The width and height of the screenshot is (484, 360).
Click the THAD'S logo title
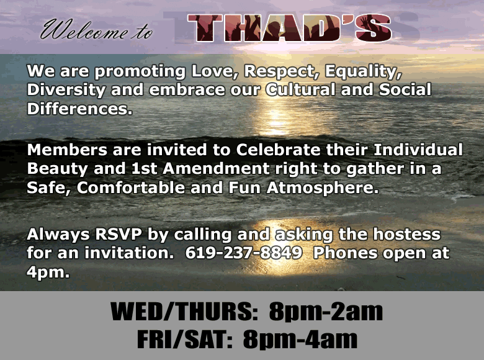(290, 28)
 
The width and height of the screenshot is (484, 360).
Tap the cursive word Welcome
(84, 30)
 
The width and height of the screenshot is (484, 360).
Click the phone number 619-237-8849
(243, 253)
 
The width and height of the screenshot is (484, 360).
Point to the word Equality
(363, 72)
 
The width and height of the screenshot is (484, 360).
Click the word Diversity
(66, 91)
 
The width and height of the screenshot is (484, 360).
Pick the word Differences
(79, 109)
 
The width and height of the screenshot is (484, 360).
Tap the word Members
(67, 150)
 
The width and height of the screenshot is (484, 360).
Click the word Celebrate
(279, 150)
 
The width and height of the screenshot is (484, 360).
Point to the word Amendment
(216, 169)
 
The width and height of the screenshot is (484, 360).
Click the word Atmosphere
(323, 188)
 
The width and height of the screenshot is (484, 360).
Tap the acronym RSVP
(119, 235)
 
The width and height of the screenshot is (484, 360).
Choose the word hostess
(407, 235)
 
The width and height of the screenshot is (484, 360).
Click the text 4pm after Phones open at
(48, 272)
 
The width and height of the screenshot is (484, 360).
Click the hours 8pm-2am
(326, 312)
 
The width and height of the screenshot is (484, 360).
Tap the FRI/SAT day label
(184, 340)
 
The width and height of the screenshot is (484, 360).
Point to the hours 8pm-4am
(300, 340)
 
